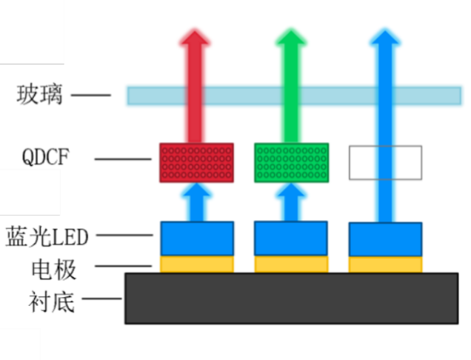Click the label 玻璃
click(x=41, y=95)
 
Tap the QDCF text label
click(x=47, y=158)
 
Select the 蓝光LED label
click(x=47, y=236)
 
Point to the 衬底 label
click(x=53, y=300)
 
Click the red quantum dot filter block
click(x=196, y=162)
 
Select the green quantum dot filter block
click(x=291, y=162)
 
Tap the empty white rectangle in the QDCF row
click(x=385, y=163)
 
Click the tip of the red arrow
click(x=196, y=33)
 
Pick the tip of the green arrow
click(x=290, y=33)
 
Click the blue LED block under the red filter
click(x=197, y=239)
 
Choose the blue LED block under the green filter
click(x=291, y=239)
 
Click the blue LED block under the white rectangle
click(x=385, y=239)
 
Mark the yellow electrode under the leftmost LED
click(x=197, y=264)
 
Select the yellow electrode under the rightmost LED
click(x=385, y=264)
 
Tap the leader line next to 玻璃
click(x=90, y=95)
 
